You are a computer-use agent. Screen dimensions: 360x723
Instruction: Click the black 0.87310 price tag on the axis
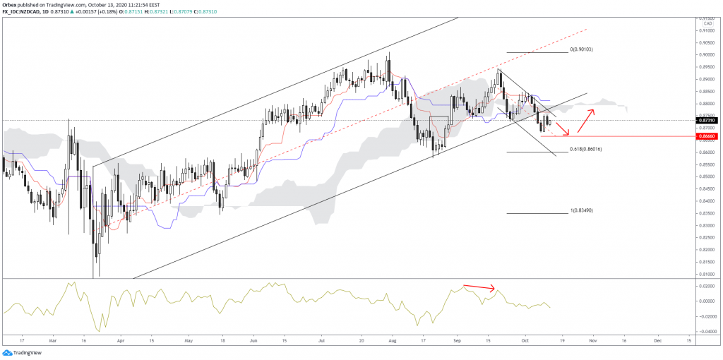click(x=707, y=121)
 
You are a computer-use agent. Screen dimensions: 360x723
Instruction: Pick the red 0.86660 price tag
click(x=707, y=136)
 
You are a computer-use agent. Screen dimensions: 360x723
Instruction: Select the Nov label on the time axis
click(x=592, y=339)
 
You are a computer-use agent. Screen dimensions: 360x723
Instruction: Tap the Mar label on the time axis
click(x=52, y=339)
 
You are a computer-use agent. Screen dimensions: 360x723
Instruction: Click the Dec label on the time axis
click(x=657, y=339)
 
